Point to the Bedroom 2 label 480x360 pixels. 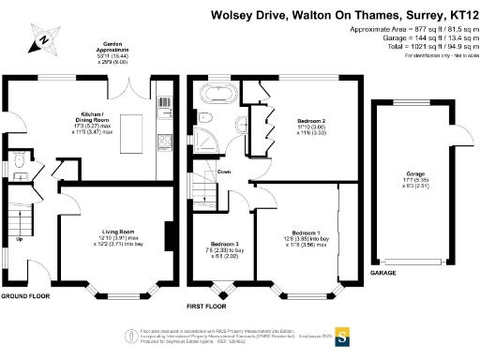[311, 122]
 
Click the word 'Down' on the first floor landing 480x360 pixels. [224, 172]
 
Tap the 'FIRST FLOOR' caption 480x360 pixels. [208, 307]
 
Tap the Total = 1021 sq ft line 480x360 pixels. [412, 48]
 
